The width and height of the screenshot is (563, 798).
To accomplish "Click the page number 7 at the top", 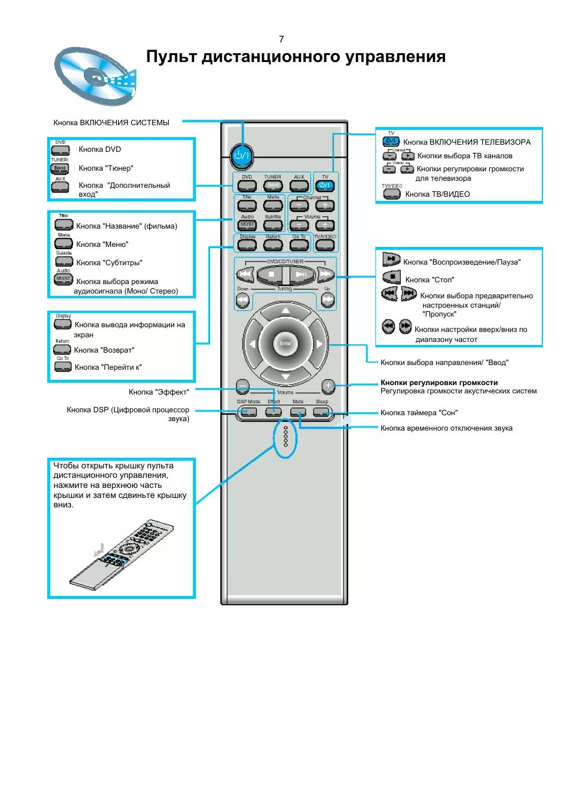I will (x=281, y=40).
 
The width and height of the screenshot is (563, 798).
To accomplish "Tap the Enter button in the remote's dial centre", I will (x=286, y=343).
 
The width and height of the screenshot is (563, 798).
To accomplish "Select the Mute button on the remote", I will (x=299, y=412).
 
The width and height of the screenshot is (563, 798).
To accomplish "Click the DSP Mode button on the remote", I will (x=248, y=412).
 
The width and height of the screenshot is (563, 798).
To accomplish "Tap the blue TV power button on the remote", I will (x=325, y=185).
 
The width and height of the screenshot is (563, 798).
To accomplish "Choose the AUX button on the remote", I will (x=299, y=185).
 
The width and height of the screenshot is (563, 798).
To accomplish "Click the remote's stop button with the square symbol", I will (x=271, y=274).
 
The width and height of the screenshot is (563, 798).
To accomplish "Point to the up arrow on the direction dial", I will (x=286, y=311).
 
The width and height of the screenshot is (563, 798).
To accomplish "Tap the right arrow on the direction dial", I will (x=319, y=344).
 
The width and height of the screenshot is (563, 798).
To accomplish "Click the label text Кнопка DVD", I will (x=100, y=149).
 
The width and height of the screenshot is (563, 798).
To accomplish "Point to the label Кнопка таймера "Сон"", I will (x=419, y=413).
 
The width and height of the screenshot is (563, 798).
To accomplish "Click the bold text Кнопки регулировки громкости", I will (x=439, y=383).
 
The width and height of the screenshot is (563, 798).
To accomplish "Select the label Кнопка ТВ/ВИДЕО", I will (x=437, y=194).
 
